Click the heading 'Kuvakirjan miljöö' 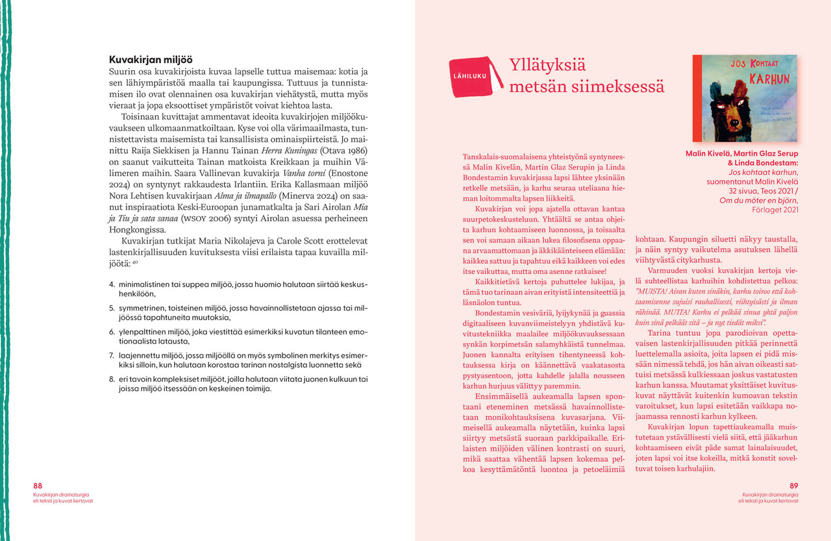150,59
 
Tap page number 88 38,486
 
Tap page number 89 794,486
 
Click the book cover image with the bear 745,98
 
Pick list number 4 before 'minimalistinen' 112,284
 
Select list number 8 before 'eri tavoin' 112,379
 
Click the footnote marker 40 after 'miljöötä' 135,263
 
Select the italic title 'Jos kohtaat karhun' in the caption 763,173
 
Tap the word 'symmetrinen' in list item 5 140,308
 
